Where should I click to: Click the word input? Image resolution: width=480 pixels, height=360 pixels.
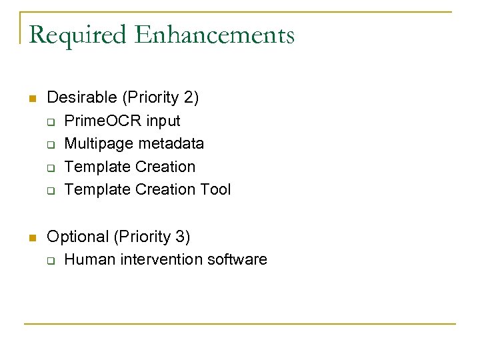coord(163,121)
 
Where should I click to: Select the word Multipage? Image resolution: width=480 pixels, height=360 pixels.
coord(97,144)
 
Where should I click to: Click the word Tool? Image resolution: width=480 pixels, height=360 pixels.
coord(215,189)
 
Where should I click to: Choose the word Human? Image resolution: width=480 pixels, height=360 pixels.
coord(91,259)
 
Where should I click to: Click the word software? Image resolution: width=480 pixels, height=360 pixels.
coord(237,259)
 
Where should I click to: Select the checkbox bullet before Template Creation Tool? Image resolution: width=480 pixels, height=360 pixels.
coord(51,191)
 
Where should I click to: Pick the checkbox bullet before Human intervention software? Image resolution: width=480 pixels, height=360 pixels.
coord(51,261)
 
